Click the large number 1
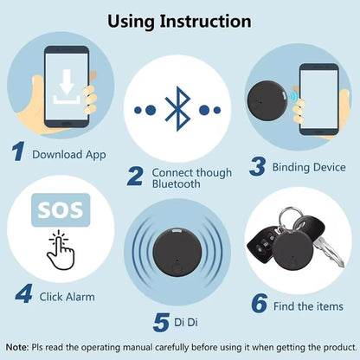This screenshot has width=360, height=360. (18, 153)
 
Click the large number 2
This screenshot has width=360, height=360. (135, 176)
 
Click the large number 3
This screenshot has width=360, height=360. (256, 165)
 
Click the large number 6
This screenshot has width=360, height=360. (258, 303)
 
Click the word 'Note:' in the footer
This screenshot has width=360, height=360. (22, 345)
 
